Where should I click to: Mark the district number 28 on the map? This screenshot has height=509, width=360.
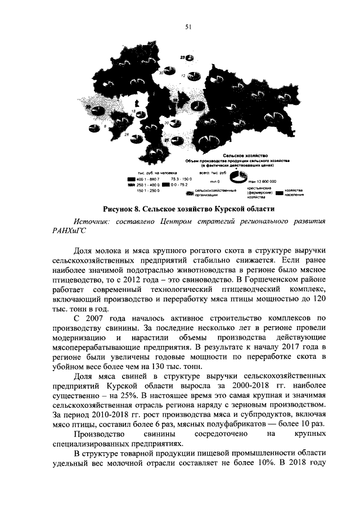coord(127,136)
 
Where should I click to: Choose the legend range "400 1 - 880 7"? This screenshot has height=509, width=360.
coord(148,178)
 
